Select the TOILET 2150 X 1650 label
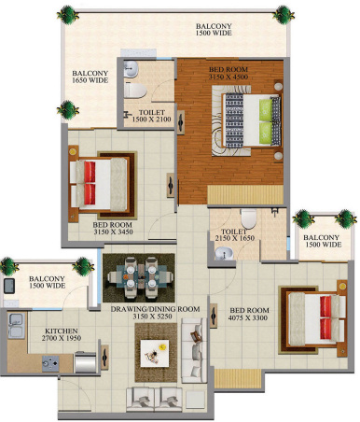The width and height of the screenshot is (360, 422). pyautogui.click(x=233, y=236)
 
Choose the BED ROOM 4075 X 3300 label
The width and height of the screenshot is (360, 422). pyautogui.click(x=248, y=315)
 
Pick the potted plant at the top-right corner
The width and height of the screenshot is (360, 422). pyautogui.click(x=281, y=15)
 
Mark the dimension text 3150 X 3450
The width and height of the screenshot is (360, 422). pyautogui.click(x=113, y=232)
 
